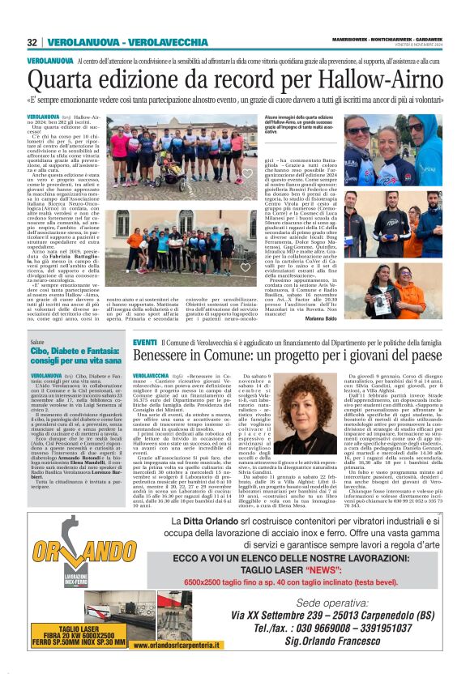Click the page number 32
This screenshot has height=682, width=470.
32,41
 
